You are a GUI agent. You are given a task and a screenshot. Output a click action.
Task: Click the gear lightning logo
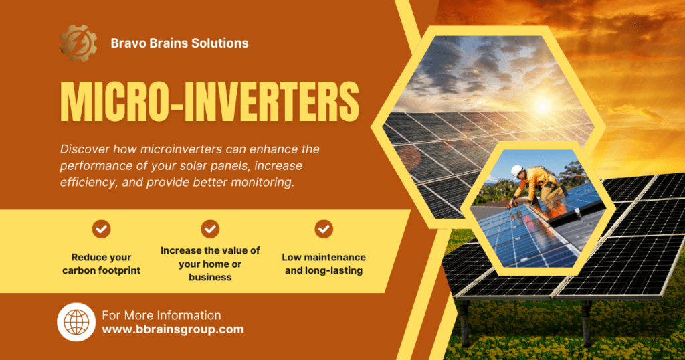point(78,43)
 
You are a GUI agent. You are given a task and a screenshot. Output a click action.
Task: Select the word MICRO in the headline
point(114,102)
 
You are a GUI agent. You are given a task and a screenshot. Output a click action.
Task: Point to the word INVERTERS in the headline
point(272,102)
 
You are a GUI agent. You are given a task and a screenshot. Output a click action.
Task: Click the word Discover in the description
point(85,149)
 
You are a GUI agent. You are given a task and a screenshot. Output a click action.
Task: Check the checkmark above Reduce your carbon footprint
point(102,229)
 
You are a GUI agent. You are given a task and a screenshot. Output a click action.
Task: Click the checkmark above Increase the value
point(210,229)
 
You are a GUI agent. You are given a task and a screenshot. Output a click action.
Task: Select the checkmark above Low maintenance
point(324,229)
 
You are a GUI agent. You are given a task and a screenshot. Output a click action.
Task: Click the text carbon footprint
point(102,270)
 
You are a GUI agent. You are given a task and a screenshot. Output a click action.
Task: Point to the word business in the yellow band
point(210,278)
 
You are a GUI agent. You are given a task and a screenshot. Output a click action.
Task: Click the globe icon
point(76,322)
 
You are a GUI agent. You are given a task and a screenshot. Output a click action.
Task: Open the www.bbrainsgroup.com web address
point(173,329)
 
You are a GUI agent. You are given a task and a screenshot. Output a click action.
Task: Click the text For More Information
point(162,315)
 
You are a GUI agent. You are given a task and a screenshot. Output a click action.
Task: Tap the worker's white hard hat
point(517,171)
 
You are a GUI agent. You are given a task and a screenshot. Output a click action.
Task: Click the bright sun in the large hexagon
point(543,106)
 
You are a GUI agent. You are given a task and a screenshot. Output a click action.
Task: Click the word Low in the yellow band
point(292,258)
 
